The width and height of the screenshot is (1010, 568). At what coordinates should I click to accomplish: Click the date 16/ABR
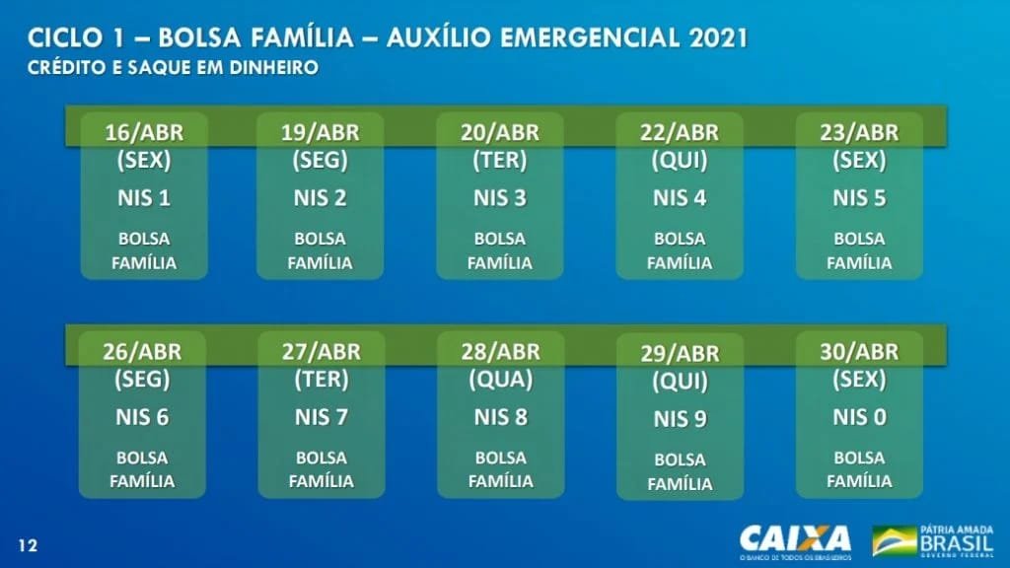coord(144,132)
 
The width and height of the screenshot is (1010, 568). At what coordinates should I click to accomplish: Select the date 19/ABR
coord(321,132)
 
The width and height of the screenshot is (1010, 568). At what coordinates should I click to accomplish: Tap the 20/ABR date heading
coord(500,132)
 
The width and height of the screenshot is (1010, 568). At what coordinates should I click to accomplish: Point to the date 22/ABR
coord(680,132)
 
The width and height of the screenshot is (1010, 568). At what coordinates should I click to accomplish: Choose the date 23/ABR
coord(859,132)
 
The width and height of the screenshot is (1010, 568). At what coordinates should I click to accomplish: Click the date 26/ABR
coord(142,352)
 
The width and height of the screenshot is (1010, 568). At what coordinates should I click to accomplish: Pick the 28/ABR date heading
coord(500,352)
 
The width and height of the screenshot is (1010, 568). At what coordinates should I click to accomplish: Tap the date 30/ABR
coord(859,352)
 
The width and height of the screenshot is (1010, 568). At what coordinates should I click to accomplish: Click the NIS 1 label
coord(144,197)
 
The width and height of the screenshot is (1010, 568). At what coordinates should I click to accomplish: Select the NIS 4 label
coord(680,197)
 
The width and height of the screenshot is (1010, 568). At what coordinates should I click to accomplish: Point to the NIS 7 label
coord(322,417)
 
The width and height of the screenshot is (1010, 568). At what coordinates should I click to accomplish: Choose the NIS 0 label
coord(859,417)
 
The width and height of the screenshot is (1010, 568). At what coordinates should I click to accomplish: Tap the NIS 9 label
coord(681,419)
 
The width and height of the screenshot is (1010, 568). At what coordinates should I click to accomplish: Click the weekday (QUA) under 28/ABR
coord(500,380)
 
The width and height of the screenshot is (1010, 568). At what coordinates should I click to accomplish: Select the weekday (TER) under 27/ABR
coord(322,380)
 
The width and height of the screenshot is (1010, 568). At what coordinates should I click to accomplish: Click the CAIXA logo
coord(796,539)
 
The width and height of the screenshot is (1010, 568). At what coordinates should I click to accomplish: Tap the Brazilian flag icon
coord(894,540)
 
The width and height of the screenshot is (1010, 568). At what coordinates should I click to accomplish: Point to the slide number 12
coord(28,546)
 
